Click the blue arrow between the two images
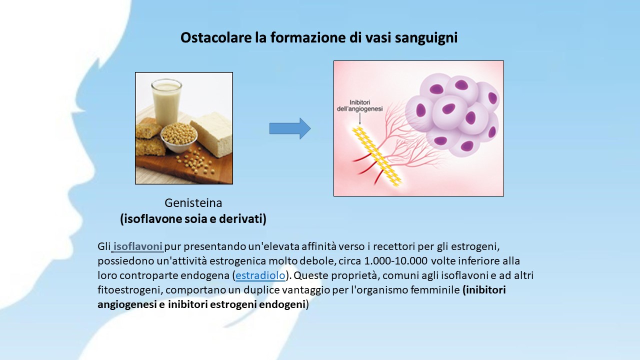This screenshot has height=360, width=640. click(x=290, y=128)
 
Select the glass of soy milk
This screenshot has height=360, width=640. click(x=166, y=101)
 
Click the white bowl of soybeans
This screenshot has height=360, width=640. click(x=179, y=138)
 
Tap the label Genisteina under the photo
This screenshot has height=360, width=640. click(x=193, y=203)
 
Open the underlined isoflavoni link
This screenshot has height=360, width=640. click(x=137, y=246)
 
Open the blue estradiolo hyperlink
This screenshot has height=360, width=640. click(x=260, y=275)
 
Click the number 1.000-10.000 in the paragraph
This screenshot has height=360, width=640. click(x=395, y=261)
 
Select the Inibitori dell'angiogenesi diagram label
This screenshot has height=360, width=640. click(x=359, y=105)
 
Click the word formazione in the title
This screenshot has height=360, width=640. click(x=307, y=37)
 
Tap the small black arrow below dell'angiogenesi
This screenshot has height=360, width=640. click(x=359, y=119)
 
